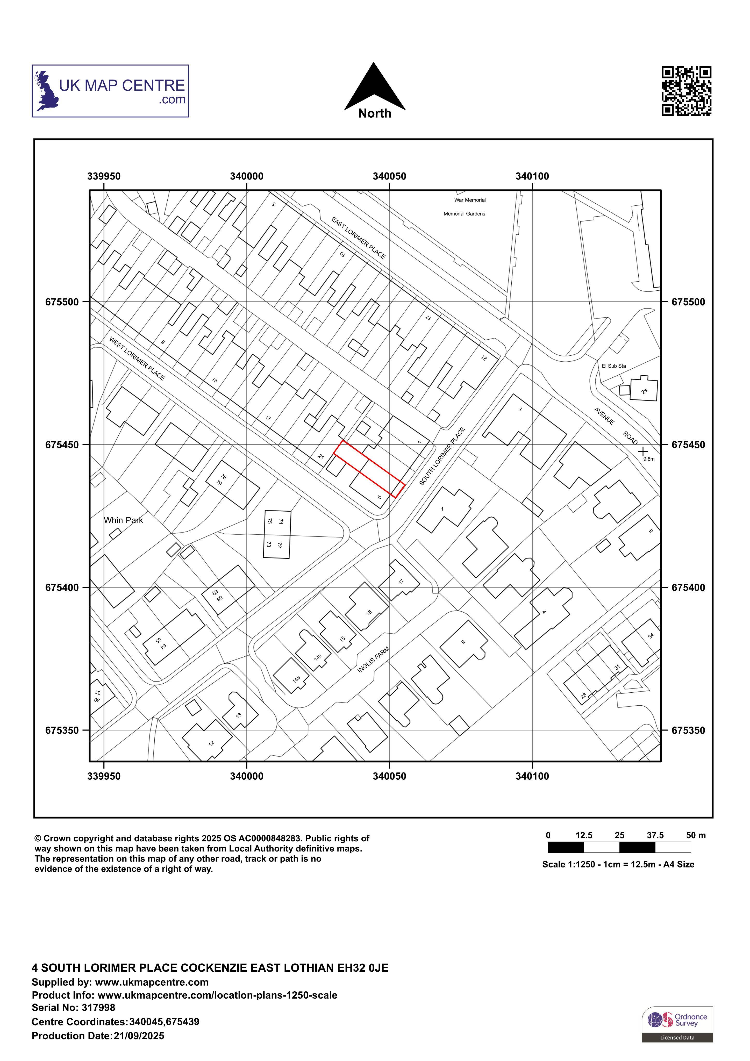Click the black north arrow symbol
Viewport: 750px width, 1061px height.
pyautogui.click(x=375, y=88)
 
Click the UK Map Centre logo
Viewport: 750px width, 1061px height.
pyautogui.click(x=110, y=91)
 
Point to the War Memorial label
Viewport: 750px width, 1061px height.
pyautogui.click(x=470, y=200)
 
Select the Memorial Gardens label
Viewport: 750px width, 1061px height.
pyautogui.click(x=465, y=214)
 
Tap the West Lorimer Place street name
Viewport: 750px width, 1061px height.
pyautogui.click(x=137, y=358)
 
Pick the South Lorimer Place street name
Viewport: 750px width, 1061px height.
pyautogui.click(x=442, y=456)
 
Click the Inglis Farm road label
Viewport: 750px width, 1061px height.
pyautogui.click(x=373, y=659)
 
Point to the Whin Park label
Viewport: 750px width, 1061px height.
pyautogui.click(x=123, y=520)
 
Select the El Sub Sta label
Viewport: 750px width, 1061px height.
pyautogui.click(x=614, y=366)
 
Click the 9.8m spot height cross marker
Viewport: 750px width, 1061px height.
pyautogui.click(x=643, y=451)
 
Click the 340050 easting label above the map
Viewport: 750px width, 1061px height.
pyautogui.click(x=390, y=176)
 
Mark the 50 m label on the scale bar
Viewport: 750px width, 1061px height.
pyautogui.click(x=696, y=835)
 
